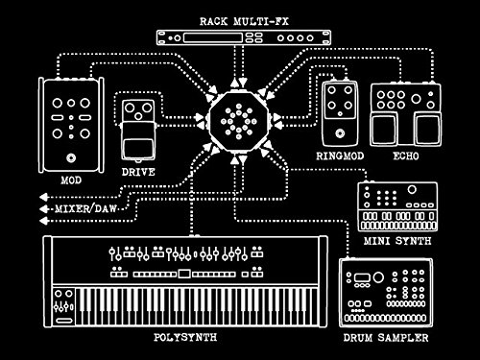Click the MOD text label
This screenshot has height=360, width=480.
click(71, 180)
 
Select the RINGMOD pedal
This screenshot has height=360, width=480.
click(339, 110)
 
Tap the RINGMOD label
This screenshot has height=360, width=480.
click(338, 154)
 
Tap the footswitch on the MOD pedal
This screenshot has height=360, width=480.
click(71, 157)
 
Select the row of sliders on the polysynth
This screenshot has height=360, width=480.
click(187, 254)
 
